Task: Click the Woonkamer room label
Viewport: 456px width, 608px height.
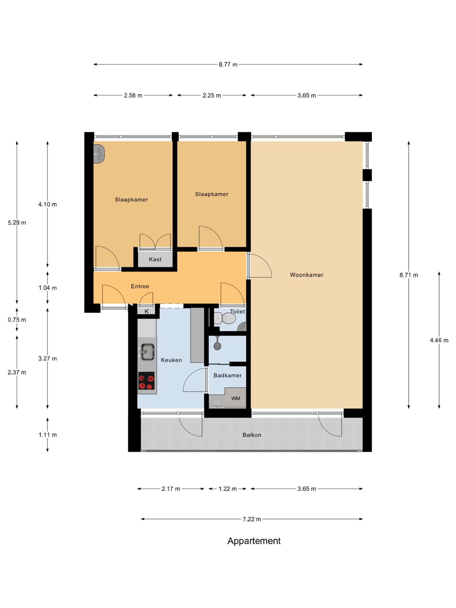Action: [307, 275]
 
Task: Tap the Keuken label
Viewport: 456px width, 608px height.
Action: [171, 360]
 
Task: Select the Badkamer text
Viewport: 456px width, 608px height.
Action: [227, 376]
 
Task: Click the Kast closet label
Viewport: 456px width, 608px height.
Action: [155, 259]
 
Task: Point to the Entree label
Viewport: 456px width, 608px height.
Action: [140, 286]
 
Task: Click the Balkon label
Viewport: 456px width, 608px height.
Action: [252, 435]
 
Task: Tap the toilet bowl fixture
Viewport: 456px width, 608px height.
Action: [225, 318]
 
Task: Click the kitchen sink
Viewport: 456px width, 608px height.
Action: [147, 352]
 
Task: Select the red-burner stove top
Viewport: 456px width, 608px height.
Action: [146, 381]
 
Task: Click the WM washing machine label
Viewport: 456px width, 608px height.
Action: [236, 398]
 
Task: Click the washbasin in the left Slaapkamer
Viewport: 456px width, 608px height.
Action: [99, 154]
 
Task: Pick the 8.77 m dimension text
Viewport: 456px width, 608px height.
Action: [228, 65]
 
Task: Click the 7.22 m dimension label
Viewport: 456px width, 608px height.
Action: [252, 519]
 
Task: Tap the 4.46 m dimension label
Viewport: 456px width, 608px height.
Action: [439, 340]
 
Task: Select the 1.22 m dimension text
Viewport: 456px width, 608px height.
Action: [227, 489]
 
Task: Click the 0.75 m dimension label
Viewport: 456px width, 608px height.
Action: [17, 320]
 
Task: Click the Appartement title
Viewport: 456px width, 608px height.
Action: [254, 541]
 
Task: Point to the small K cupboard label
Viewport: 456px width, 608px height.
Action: [147, 312]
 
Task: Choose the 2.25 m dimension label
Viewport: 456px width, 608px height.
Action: [212, 95]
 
